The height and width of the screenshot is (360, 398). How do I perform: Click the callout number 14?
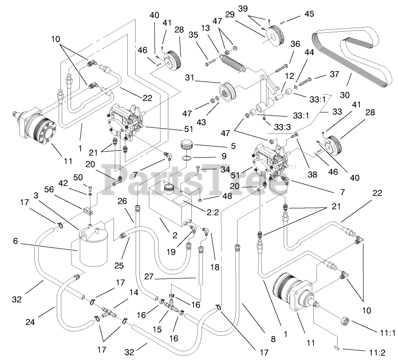click(133, 293)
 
